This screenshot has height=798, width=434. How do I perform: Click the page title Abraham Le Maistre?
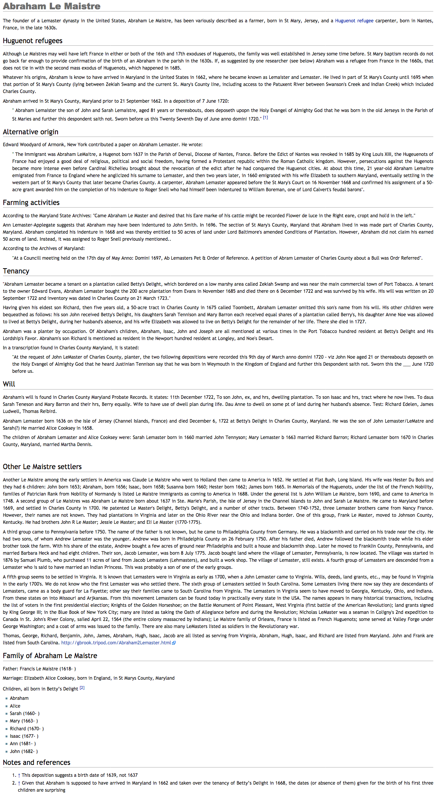click(52, 6)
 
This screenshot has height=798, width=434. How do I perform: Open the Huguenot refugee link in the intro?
click(354, 21)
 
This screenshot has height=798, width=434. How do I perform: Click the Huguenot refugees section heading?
click(33, 41)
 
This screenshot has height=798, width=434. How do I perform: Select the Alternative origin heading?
click(30, 132)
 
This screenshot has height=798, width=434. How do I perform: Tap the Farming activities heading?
click(31, 203)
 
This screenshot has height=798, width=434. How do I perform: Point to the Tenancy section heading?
click(16, 271)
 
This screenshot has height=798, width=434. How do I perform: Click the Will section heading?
click(9, 384)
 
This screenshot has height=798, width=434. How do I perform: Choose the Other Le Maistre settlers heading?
click(42, 467)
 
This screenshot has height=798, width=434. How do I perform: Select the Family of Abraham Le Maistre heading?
click(50, 656)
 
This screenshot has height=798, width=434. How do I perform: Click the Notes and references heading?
click(36, 763)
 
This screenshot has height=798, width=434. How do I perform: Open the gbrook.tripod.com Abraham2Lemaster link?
click(116, 643)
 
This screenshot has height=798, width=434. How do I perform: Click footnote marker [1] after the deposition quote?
click(266, 118)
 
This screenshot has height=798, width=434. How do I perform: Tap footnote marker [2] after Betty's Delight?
click(82, 688)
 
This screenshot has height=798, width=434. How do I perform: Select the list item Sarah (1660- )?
click(25, 714)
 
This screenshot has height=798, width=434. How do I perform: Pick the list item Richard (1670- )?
click(27, 729)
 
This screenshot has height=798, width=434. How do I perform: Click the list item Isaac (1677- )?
click(24, 736)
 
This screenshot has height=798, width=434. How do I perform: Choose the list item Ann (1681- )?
click(23, 744)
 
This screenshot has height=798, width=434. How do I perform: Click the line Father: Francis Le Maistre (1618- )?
click(39, 669)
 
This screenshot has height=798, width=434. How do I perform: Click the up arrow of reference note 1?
click(19, 775)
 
